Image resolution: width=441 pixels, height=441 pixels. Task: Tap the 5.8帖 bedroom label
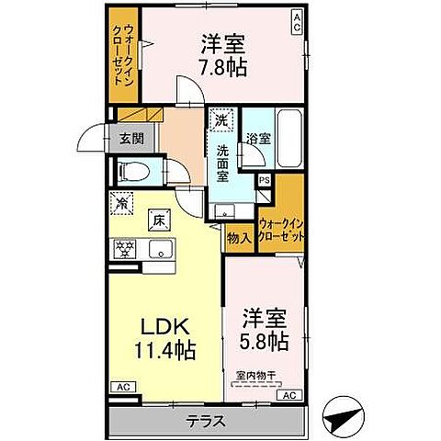click(x=265, y=329)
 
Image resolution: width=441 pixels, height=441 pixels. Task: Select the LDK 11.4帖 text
click(x=164, y=336)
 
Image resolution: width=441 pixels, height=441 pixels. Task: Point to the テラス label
click(x=208, y=424)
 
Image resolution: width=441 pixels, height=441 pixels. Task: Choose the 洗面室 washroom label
click(x=222, y=158)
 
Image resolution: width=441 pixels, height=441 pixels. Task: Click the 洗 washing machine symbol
click(x=220, y=119)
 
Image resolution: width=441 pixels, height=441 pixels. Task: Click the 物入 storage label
click(x=238, y=237)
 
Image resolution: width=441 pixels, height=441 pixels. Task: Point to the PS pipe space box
click(x=264, y=181)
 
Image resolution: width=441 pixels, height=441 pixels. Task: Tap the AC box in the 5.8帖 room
click(x=288, y=395)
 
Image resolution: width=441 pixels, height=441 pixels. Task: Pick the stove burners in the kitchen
click(x=123, y=247)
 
